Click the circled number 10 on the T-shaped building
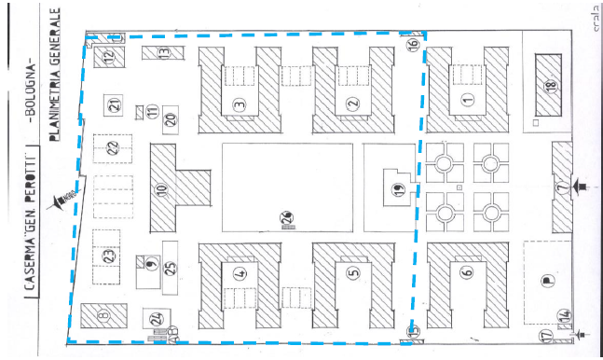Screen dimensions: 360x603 click(x=161, y=190)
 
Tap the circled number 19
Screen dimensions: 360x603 click(x=398, y=191)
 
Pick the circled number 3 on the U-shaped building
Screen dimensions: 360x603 click(x=240, y=104)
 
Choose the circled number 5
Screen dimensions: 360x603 click(x=352, y=273)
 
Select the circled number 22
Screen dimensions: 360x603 click(x=112, y=147)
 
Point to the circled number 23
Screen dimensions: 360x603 click(x=108, y=254)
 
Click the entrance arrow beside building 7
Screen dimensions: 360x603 click(x=582, y=188)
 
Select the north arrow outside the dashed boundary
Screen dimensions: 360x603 click(x=65, y=197)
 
